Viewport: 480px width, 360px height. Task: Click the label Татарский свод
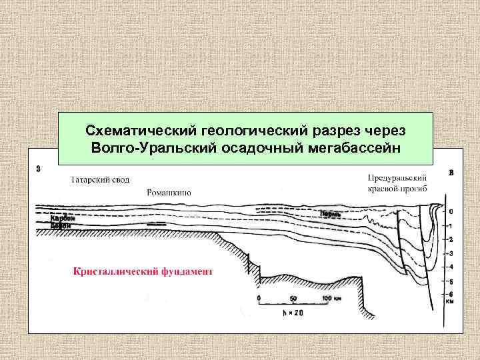tap(100, 180)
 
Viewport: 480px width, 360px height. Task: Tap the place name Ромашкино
tap(169, 193)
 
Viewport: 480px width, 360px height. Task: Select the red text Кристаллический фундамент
tap(143, 272)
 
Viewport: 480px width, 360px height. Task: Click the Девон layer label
tap(61, 225)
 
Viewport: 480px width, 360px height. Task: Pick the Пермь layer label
tap(331, 214)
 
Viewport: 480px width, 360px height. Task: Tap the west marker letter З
tap(38, 169)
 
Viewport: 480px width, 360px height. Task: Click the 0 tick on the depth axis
tap(451, 211)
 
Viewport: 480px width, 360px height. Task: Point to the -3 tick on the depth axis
tap(451, 253)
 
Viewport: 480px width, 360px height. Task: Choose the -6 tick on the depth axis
tap(451, 295)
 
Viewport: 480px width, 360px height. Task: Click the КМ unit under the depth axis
tap(451, 303)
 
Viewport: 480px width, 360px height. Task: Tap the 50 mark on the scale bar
tap(293, 299)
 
